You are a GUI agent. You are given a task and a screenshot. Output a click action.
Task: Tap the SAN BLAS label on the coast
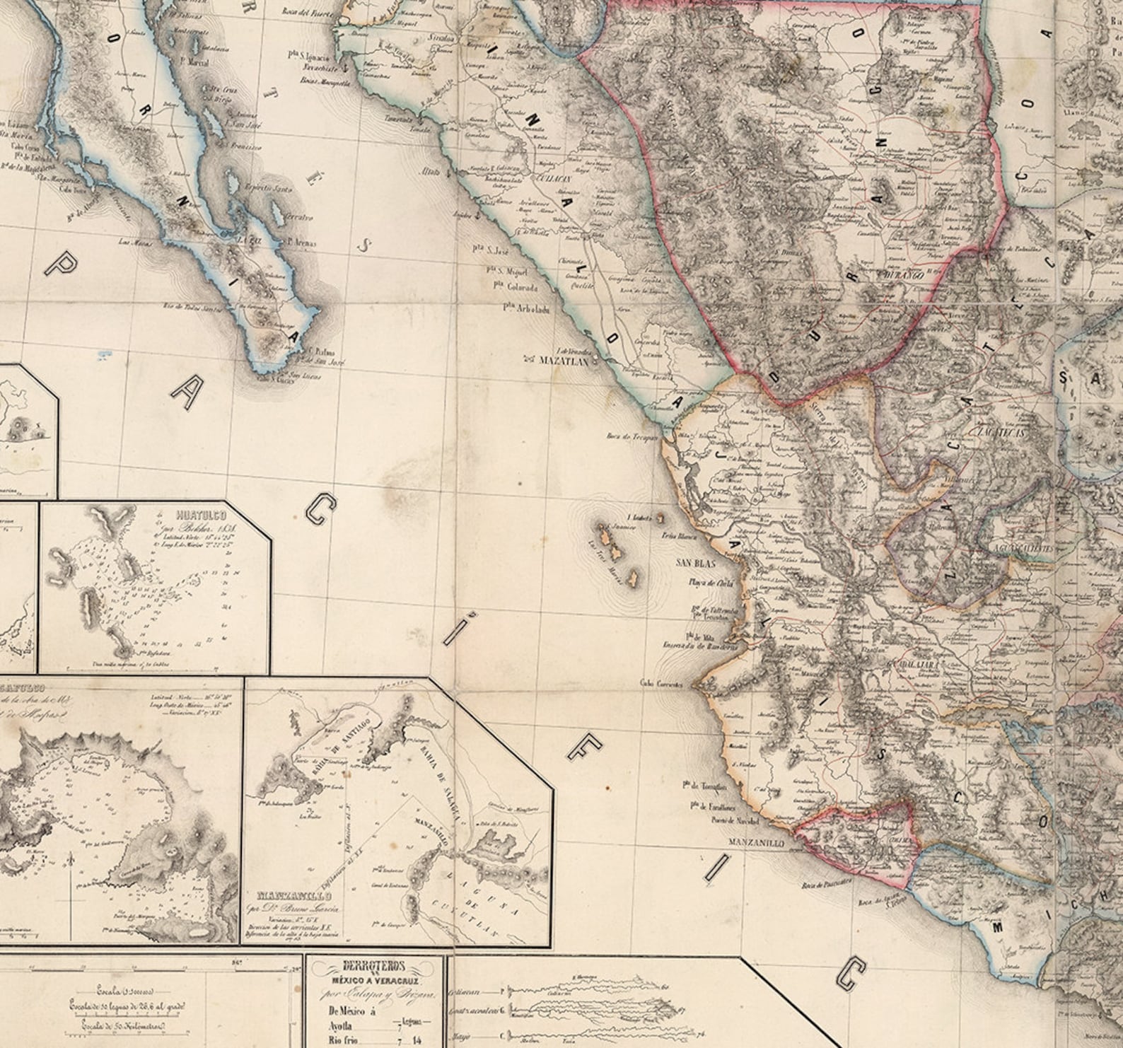695,564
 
